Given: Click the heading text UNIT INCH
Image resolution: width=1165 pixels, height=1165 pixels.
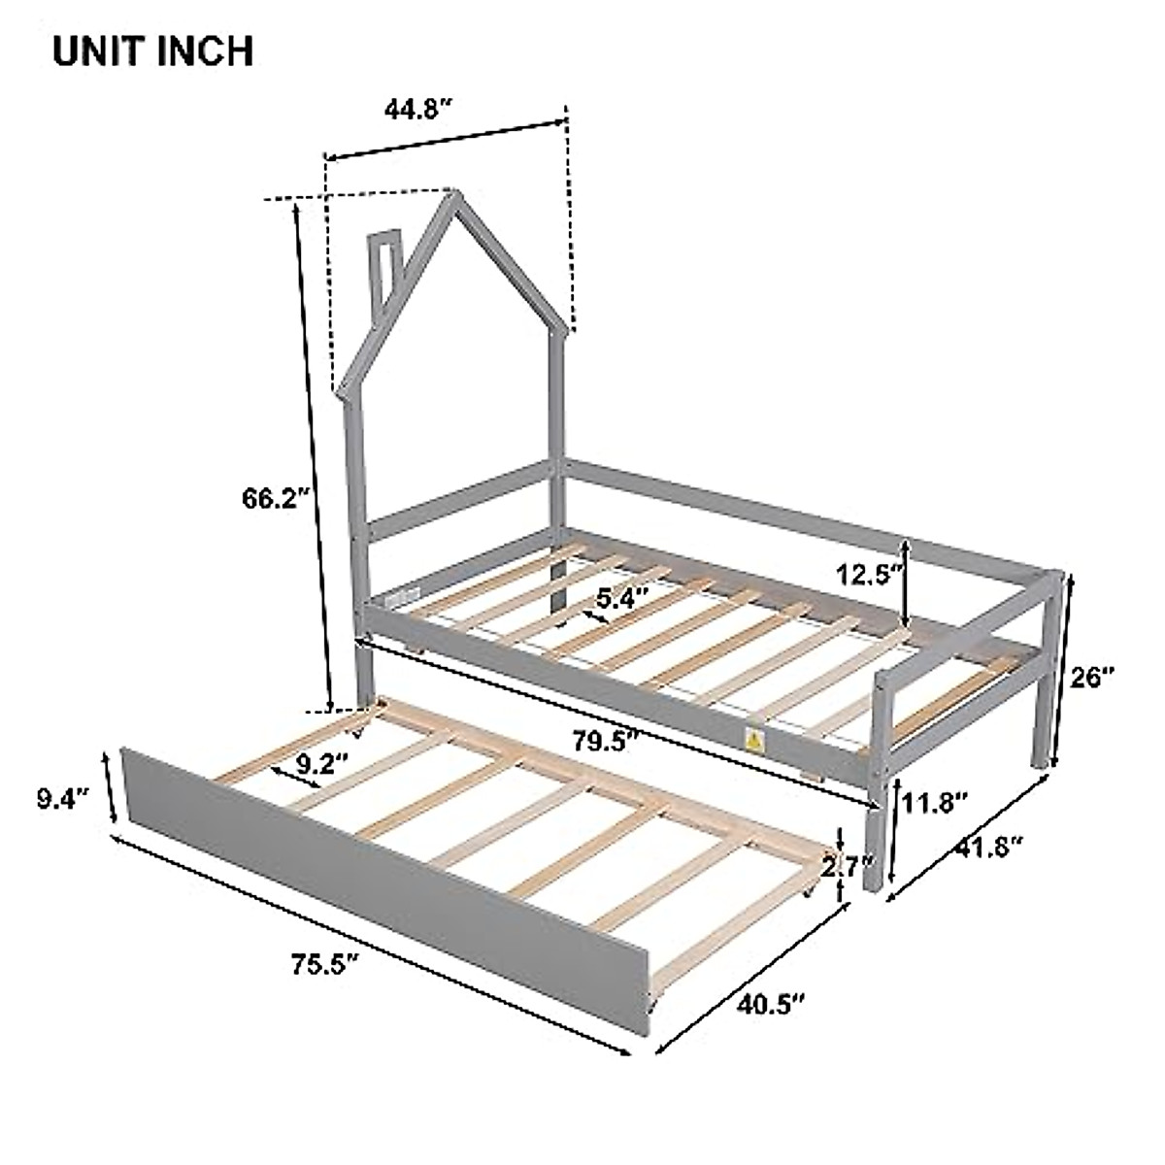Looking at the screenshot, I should click(153, 50).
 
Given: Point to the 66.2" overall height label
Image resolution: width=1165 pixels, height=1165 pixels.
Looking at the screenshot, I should click(276, 498).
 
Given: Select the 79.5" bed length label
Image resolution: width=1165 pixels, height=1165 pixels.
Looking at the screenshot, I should click(605, 743).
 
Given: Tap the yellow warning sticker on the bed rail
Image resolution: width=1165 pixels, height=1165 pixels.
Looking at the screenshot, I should click(753, 741).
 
